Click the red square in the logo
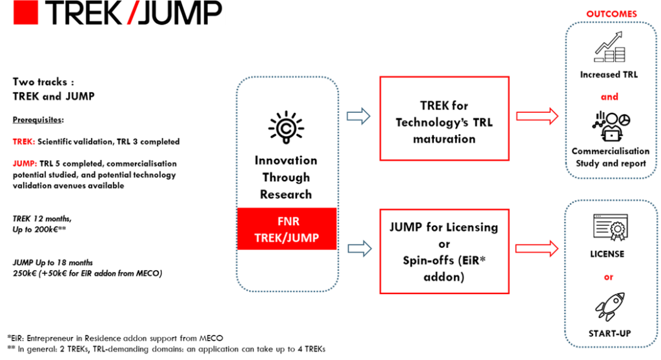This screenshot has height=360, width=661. (26, 12)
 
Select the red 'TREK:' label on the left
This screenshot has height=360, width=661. (24, 141)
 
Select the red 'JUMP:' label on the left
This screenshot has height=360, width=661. (25, 163)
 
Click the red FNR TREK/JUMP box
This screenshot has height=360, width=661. (287, 229)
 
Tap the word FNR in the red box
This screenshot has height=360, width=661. (287, 221)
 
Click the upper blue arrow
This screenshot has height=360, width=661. (359, 116)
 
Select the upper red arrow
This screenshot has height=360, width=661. (537, 116)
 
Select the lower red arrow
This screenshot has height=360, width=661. (536, 248)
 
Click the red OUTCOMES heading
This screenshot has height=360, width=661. (611, 14)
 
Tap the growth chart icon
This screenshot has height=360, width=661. (609, 47)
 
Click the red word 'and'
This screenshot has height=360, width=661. (609, 97)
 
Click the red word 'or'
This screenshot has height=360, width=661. (608, 277)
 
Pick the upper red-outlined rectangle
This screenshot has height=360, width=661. (444, 118)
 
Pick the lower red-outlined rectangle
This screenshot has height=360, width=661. (444, 251)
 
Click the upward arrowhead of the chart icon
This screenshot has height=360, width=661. (620, 34)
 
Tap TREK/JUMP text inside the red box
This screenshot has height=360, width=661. (287, 237)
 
